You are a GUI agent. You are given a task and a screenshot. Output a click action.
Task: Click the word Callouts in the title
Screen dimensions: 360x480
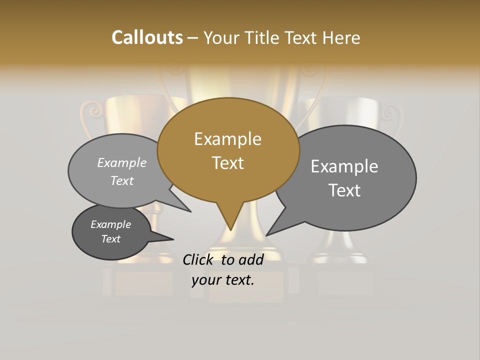pos(147,37)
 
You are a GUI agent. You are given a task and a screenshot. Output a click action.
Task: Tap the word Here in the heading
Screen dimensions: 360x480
pos(341,37)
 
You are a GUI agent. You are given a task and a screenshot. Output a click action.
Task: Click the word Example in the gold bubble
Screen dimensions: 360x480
pos(227,139)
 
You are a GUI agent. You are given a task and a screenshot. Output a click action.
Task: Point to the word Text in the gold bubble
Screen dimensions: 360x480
pos(227,163)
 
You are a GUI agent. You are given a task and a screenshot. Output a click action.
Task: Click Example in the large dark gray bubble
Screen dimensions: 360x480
pos(344,166)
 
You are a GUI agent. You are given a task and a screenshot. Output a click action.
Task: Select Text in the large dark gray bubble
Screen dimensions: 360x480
pos(344,190)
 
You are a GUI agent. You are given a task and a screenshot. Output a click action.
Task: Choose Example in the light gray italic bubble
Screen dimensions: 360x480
pos(122,162)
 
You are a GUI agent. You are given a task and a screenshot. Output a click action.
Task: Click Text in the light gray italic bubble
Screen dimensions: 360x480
pos(122,180)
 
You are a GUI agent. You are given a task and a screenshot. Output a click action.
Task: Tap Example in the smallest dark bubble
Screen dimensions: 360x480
pos(111,224)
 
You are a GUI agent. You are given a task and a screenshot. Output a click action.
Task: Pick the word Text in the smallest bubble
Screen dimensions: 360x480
pos(111,239)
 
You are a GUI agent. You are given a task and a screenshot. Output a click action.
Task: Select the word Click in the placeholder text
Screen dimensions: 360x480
pos(199,259)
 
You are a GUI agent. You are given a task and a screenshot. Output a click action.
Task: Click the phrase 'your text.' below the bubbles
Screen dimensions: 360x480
pos(222,280)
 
